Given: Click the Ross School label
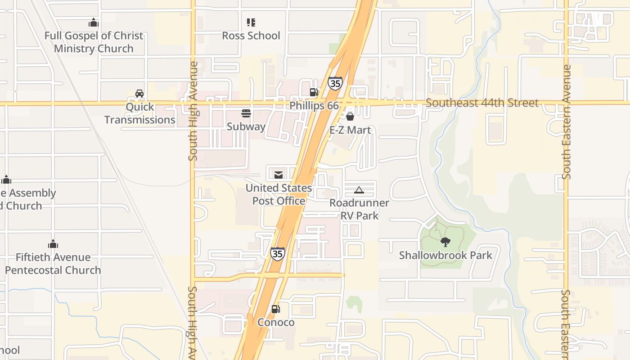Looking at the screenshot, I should [x=251, y=36].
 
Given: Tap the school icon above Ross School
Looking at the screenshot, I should [x=251, y=22].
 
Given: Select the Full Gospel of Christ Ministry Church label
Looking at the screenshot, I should [x=94, y=42].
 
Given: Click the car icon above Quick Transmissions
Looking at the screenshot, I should [x=139, y=94].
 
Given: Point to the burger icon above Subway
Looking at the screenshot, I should [x=246, y=113].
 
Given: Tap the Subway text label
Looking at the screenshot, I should [x=246, y=126].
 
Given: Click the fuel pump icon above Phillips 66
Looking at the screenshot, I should [x=314, y=92].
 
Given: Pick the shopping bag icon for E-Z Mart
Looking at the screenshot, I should [x=350, y=117].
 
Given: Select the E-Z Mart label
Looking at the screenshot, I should [x=351, y=130].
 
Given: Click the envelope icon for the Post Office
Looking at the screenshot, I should [x=279, y=175].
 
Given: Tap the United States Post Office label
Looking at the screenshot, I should [x=279, y=194].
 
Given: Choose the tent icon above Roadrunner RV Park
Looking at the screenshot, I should [x=359, y=190].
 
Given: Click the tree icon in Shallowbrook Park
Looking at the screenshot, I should [x=445, y=242].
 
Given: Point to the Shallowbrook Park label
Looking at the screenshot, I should [x=445, y=256].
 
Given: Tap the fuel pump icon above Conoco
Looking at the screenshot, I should [x=275, y=309].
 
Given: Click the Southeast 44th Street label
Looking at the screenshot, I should [x=482, y=103].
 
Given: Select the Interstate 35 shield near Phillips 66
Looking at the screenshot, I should [x=335, y=83].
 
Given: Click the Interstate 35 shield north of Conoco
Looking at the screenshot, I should [x=278, y=254].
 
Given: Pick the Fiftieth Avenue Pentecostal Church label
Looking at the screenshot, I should [x=53, y=264].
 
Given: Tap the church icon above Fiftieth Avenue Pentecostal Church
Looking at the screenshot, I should [x=53, y=244].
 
